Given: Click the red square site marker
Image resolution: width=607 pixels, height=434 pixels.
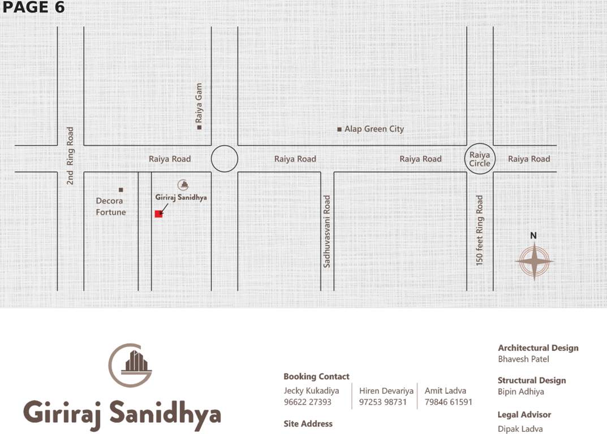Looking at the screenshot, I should pyautogui.click(x=158, y=214).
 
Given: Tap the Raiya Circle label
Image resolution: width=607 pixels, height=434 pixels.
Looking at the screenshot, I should pyautogui.click(x=480, y=159).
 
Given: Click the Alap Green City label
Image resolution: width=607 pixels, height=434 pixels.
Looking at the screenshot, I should pyautogui.click(x=374, y=129).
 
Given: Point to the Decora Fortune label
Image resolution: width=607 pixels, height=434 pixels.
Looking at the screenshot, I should pyautogui.click(x=111, y=206).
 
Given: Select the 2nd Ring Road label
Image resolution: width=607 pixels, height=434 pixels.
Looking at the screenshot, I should pyautogui.click(x=70, y=155).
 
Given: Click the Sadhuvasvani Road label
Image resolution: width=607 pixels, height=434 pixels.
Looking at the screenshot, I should pyautogui.click(x=327, y=231).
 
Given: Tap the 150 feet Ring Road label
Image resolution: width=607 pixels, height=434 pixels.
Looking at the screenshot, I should pyautogui.click(x=480, y=231).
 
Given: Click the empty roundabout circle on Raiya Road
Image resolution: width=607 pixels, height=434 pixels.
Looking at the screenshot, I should pyautogui.click(x=225, y=159).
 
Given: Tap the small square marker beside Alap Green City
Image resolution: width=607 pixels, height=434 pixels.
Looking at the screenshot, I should pyautogui.click(x=339, y=129).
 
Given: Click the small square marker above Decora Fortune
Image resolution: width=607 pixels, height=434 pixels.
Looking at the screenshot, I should pyautogui.click(x=120, y=189).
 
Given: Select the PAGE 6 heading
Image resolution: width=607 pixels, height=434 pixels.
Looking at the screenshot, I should pyautogui.click(x=33, y=7).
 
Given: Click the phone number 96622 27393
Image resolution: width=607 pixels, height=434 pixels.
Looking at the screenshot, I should pyautogui.click(x=307, y=402).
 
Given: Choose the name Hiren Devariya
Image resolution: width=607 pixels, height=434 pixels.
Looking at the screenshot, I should pyautogui.click(x=386, y=390).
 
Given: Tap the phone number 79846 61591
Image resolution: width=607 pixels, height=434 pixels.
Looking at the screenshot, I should pyautogui.click(x=448, y=402).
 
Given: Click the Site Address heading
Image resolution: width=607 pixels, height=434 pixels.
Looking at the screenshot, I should pyautogui.click(x=308, y=423).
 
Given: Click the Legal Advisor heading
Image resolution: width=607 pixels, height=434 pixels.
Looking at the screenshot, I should pyautogui.click(x=524, y=414).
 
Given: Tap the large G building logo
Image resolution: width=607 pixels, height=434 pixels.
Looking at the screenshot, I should pyautogui.click(x=130, y=364).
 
